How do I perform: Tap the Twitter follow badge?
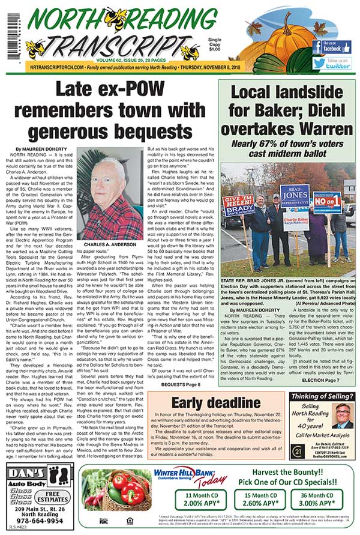tap(336, 63)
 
